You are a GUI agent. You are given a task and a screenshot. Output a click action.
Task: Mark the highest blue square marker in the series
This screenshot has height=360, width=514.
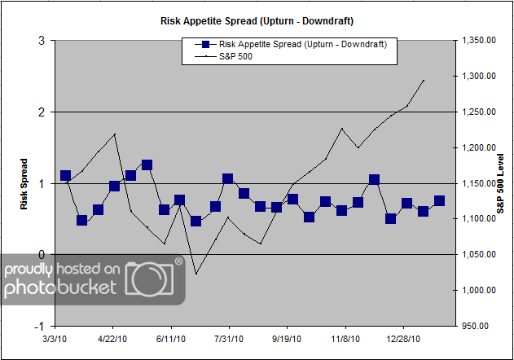(147, 165)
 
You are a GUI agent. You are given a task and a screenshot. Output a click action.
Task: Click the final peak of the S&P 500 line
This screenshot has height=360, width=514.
(424, 80)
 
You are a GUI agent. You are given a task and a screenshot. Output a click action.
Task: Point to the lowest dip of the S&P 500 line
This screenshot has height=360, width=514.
(195, 274)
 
